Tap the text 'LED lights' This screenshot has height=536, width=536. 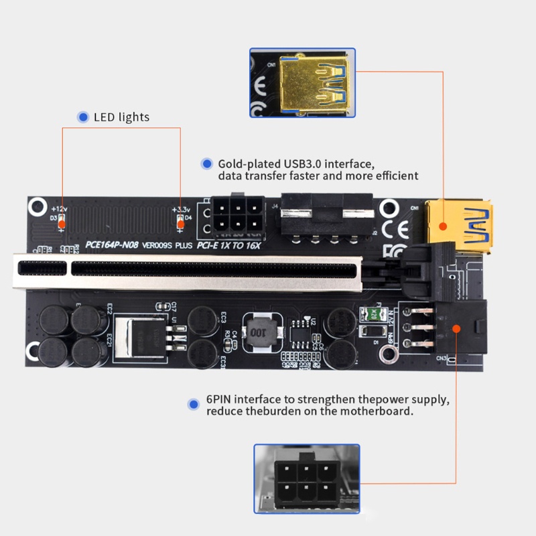[x=121, y=117]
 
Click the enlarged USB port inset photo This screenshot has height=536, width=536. [x=303, y=82]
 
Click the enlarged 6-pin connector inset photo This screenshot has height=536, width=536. [x=306, y=478]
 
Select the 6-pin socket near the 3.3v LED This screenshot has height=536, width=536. [x=234, y=216]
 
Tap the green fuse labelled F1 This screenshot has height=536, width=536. [x=371, y=314]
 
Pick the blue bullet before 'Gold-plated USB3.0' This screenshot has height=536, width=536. [x=206, y=163]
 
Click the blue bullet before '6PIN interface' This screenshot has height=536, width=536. [x=194, y=405]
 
